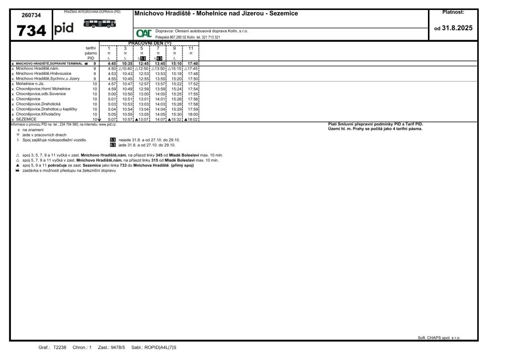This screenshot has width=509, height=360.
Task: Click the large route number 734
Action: pos(31,30)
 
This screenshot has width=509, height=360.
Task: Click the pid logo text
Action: pos(64,28)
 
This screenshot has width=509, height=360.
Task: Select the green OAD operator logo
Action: pos(144,34)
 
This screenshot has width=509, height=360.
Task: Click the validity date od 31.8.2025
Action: pos(453,28)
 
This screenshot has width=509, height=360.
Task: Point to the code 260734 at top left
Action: pos(31,15)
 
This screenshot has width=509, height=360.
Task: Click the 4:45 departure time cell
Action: pos(111,64)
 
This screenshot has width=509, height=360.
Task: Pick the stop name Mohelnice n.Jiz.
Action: pos(30,84)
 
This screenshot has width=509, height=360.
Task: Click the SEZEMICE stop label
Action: pos(26,119)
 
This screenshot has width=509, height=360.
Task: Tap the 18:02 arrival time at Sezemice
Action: pos(192,119)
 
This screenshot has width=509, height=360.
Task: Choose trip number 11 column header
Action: pos(191,48)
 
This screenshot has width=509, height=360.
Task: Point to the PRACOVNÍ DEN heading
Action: pos(150,43)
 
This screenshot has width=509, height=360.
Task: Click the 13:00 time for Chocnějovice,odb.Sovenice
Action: pos(144,93)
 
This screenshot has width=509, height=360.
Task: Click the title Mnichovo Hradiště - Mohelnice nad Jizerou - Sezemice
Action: pos(216,13)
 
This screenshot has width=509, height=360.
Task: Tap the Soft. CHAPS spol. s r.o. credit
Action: pos(439,338)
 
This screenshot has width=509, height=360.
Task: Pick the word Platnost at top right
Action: pos(453,11)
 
